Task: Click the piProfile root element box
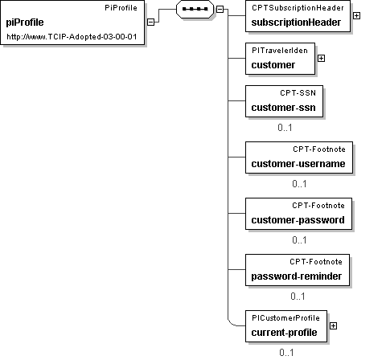tap(72, 22)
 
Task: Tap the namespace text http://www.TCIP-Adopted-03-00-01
tap(72, 36)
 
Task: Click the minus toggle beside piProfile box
tap(151, 22)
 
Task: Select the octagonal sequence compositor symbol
tap(195, 9)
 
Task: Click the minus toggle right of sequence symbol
tap(220, 9)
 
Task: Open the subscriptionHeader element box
tap(298, 16)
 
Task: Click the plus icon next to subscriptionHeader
tap(356, 16)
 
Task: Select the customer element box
tap(280, 59)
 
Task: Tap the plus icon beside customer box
tap(321, 58)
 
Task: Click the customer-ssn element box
tap(284, 101)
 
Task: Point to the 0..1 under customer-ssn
tap(285, 128)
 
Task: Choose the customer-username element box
tap(299, 157)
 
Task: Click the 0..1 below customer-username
tap(299, 184)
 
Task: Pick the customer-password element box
tap(298, 214)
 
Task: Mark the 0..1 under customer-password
tap(299, 240)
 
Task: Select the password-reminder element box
tap(298, 270)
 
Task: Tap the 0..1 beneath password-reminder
tap(298, 297)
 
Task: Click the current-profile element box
tap(286, 326)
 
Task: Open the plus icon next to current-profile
tap(333, 325)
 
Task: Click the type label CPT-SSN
tap(298, 93)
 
